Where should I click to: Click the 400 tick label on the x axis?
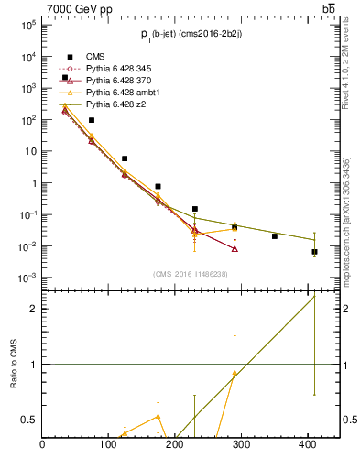pyautogui.click(x=308, y=446)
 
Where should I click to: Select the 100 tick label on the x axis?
pyautogui.click(x=109, y=446)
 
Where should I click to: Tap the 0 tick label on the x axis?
pyautogui.click(x=43, y=446)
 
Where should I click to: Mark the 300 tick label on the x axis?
pyautogui.click(x=242, y=446)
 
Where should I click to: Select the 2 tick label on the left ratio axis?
pyautogui.click(x=33, y=309)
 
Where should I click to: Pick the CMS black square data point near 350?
pyautogui.click(x=275, y=236)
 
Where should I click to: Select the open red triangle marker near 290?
pyautogui.click(x=235, y=248)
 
